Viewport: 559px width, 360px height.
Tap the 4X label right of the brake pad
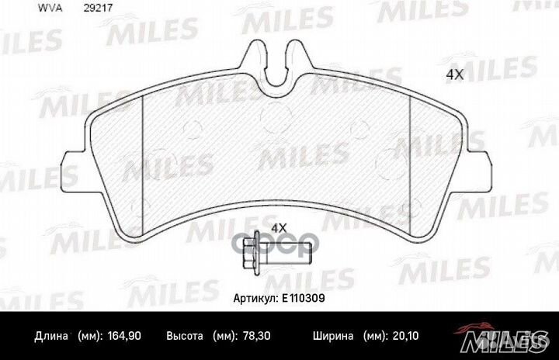pyautogui.click(x=454, y=75)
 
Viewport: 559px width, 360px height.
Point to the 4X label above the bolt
pyautogui.click(x=278, y=227)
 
